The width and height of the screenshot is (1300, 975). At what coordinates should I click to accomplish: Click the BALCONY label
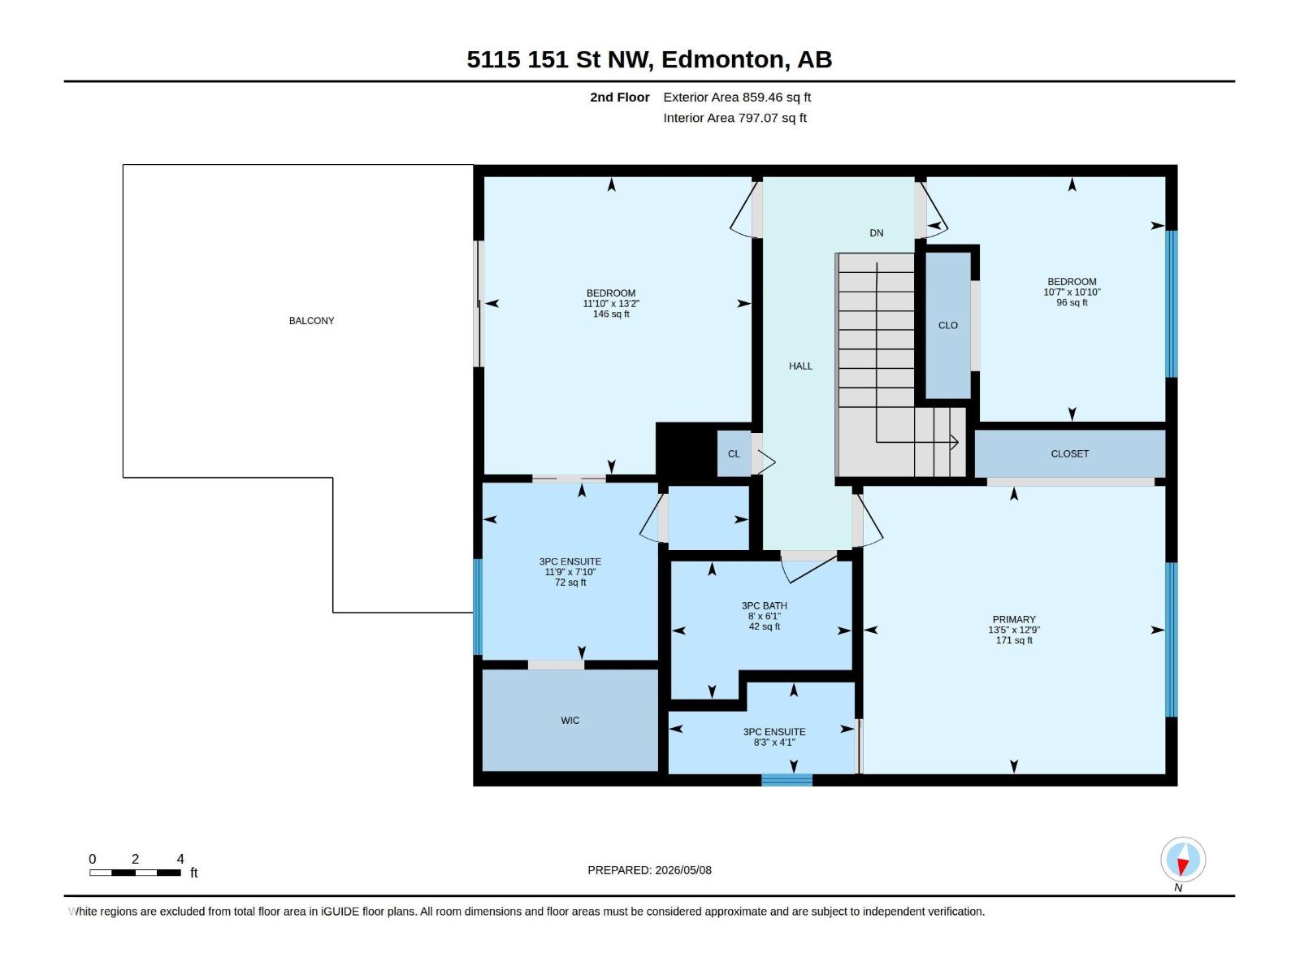(311, 321)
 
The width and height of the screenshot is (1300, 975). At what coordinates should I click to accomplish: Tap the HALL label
(801, 366)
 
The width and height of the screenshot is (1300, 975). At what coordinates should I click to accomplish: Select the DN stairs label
(877, 233)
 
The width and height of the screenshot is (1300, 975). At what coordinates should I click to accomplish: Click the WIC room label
(570, 721)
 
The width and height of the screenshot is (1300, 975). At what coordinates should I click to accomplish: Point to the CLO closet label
(948, 326)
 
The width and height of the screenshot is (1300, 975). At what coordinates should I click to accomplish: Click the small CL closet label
(734, 454)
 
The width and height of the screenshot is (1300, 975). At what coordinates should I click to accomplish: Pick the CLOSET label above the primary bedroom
(1069, 454)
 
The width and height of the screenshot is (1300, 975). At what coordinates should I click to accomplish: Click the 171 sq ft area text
(1014, 640)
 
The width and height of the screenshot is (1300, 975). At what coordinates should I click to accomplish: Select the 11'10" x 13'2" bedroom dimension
(611, 304)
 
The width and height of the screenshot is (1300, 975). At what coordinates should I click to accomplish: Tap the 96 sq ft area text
(1072, 302)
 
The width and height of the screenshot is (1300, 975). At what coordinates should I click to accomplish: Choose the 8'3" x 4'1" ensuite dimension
(774, 743)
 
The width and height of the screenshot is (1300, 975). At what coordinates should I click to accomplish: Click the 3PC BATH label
(764, 605)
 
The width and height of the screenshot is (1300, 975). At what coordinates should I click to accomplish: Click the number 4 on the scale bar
(180, 859)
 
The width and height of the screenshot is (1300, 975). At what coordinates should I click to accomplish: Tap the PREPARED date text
(650, 870)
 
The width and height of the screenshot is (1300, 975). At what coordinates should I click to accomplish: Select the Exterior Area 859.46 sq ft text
(737, 97)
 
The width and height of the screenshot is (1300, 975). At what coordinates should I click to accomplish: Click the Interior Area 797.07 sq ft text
(735, 118)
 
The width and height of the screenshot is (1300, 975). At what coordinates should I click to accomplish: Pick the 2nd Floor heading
(619, 97)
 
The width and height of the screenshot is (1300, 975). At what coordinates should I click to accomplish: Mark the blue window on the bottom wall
(786, 780)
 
